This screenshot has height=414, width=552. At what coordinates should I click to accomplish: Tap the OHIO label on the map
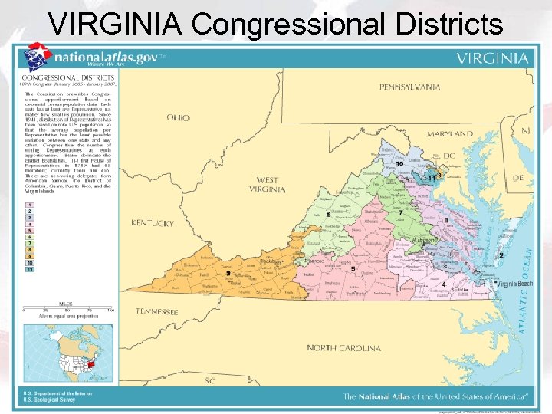pyautogui.click(x=178, y=118)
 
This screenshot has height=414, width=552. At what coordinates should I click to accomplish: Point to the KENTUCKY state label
pyautogui.click(x=153, y=223)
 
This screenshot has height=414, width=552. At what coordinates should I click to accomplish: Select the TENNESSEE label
pyautogui.click(x=157, y=312)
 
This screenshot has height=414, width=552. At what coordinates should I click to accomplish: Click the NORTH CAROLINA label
pyautogui.click(x=343, y=348)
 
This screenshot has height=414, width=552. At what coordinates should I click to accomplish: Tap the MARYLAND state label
pyautogui.click(x=450, y=133)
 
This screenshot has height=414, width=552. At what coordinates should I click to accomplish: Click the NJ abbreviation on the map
pyautogui.click(x=525, y=131)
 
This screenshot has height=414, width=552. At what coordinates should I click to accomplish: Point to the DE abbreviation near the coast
pyautogui.click(x=518, y=177)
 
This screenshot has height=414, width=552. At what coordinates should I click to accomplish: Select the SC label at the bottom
pyautogui.click(x=209, y=380)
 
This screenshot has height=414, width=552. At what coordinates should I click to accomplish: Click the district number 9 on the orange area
pyautogui.click(x=228, y=273)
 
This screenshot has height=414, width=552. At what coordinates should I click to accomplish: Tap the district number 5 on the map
pyautogui.click(x=353, y=269)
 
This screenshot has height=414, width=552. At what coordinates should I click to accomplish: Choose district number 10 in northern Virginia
pyautogui.click(x=399, y=163)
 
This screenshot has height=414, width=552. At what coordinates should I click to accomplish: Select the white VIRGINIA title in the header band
pyautogui.click(x=492, y=58)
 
